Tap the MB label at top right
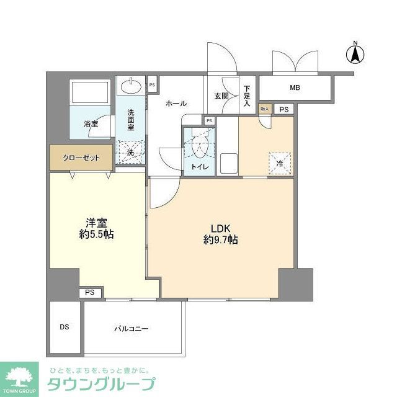295,88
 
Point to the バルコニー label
131,328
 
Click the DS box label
64,327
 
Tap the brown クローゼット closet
81,158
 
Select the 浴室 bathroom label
91,124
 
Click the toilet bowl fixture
200,145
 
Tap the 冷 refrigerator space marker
280,163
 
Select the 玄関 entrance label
221,96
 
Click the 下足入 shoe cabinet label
247,96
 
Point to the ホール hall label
176,104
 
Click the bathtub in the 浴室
91,92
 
